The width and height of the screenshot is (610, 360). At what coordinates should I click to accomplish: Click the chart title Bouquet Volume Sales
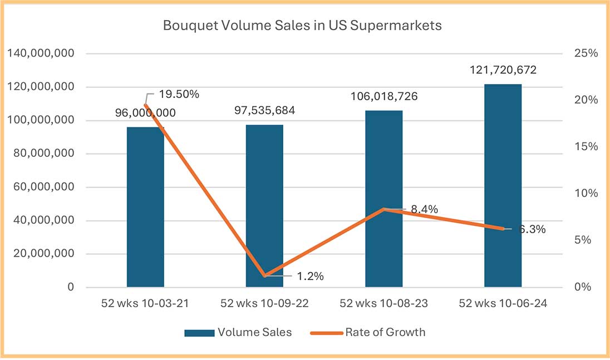click(x=302, y=26)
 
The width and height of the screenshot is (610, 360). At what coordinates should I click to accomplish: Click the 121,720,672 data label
click(x=503, y=70)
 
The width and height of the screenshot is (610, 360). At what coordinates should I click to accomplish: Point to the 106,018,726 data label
click(x=383, y=96)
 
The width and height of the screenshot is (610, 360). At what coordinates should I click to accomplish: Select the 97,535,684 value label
click(x=264, y=110)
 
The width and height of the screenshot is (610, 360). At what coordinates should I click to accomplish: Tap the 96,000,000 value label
click(x=145, y=112)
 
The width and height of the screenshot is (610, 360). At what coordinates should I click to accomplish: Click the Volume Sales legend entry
click(x=238, y=332)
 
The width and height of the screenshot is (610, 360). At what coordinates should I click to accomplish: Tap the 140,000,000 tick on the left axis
click(x=43, y=54)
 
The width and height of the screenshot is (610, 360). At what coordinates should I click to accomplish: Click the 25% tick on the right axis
click(x=586, y=54)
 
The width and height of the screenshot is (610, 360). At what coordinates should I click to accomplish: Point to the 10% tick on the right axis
click(x=586, y=194)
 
